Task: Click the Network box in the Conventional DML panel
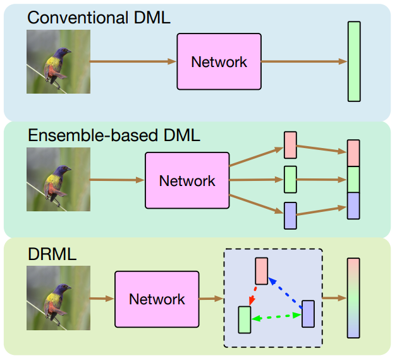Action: pos(219,62)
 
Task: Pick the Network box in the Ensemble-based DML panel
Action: pos(187,181)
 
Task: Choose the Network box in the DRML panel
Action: pos(157,299)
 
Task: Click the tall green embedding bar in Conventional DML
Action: pos(354,61)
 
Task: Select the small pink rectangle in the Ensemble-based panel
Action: pos(290,145)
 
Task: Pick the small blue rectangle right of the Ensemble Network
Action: pos(290,216)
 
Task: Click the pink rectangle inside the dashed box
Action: pos(261,271)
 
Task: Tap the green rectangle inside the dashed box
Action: pos(245,320)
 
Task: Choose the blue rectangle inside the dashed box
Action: pos(308,314)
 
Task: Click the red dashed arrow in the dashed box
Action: pos(253,295)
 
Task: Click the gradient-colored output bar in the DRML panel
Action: pos(353,297)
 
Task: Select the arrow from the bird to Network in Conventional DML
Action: pos(133,62)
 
